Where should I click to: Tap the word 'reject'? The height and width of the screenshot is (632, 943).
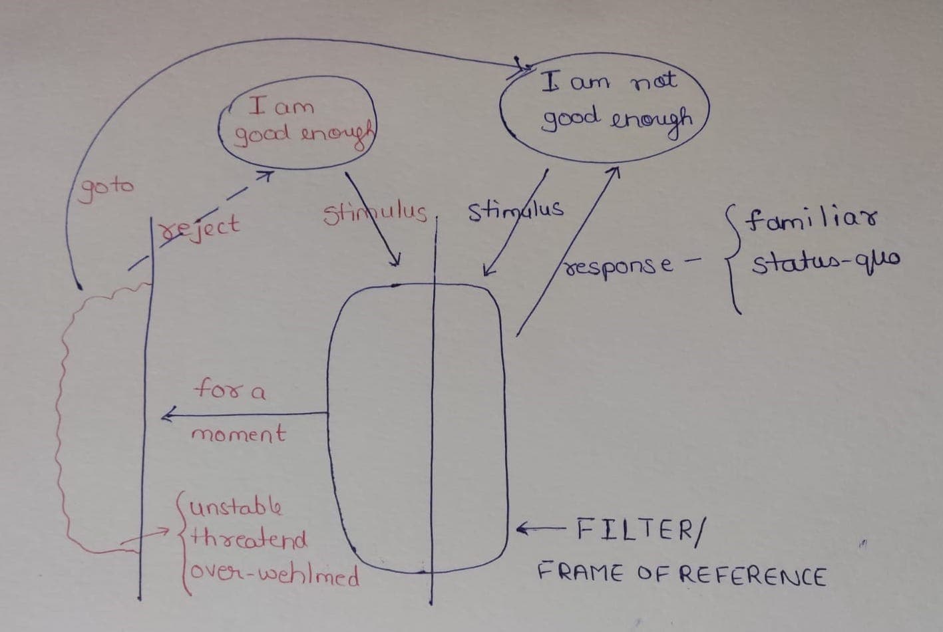click(201, 226)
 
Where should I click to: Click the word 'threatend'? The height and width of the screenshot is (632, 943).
click(249, 539)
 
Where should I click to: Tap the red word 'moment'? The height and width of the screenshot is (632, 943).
click(238, 435)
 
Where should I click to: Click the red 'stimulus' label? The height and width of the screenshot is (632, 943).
click(374, 213)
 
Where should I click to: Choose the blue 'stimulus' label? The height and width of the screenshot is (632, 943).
click(515, 211)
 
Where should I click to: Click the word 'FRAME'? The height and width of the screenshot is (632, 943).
click(580, 571)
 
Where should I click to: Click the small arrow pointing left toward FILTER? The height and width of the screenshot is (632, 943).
click(538, 530)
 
